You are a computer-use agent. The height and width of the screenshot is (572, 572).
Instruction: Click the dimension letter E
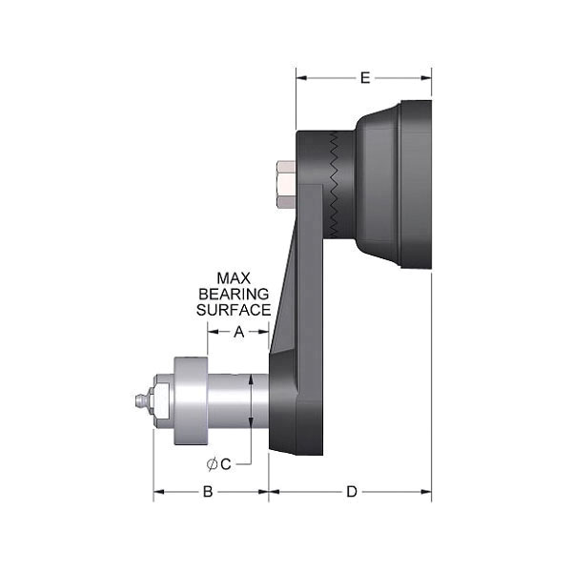click(364, 78)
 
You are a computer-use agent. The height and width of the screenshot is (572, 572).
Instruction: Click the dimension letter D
click(351, 492)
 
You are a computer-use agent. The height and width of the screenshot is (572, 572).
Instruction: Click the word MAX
click(233, 277)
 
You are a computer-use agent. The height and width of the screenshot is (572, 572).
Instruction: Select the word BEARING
click(233, 294)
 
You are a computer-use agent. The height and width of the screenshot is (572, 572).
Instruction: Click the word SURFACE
click(233, 310)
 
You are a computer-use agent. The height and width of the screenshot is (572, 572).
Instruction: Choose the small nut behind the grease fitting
click(160, 400)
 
